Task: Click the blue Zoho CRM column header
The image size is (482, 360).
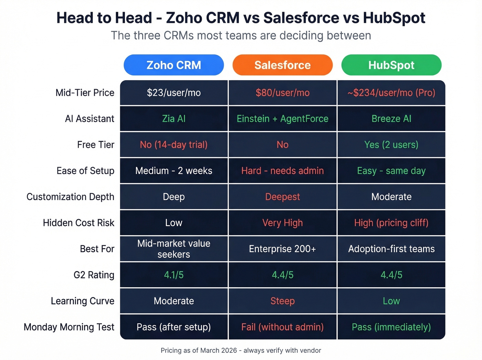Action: (174, 65)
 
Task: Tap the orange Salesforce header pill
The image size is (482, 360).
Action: (283, 65)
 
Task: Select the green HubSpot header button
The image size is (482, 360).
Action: (391, 65)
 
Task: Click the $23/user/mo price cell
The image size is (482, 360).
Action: (174, 93)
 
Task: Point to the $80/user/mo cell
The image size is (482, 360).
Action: (283, 93)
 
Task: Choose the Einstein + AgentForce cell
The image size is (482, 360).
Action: (283, 119)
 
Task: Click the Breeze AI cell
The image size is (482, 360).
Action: (391, 119)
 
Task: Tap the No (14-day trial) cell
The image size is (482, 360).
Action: (174, 145)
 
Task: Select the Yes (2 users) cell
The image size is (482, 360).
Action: (391, 145)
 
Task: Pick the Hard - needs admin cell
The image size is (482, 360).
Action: (283, 171)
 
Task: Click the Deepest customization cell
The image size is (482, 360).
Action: (283, 197)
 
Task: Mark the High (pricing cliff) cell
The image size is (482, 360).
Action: (391, 223)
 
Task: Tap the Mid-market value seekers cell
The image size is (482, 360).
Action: (174, 249)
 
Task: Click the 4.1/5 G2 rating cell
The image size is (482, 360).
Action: (174, 275)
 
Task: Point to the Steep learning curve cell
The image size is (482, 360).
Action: (283, 301)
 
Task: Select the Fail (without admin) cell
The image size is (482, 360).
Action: (283, 327)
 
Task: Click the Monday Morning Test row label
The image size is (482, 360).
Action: (69, 327)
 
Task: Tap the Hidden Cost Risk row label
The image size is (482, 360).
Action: (78, 223)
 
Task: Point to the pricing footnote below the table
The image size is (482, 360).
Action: (241, 350)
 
